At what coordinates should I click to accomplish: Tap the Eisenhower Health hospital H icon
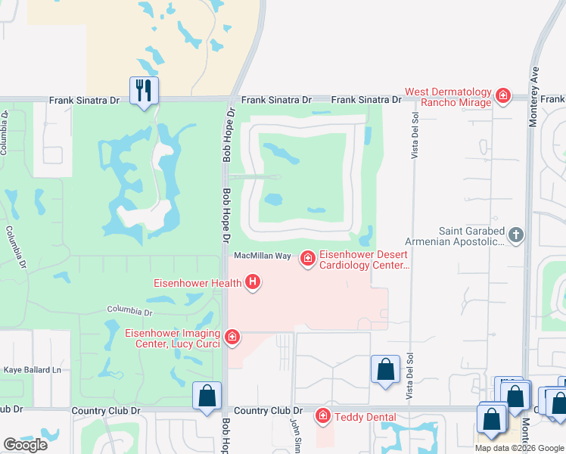pos(253,284)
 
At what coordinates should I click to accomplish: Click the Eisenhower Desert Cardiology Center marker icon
pos(307,259)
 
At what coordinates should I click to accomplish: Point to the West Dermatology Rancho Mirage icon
pos(502,96)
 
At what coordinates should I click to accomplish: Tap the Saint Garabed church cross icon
pos(516,235)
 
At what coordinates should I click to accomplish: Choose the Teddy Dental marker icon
pos(322,415)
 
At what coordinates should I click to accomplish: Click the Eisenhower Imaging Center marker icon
pos(232,337)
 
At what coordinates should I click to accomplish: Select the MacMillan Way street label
pos(263,257)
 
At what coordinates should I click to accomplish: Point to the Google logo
pos(25,445)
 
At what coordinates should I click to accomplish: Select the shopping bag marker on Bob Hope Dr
pos(207,396)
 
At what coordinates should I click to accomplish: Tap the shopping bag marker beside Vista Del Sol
pos(384,370)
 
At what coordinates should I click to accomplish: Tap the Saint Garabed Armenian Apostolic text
pos(471,236)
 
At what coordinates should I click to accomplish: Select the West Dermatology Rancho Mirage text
pos(449,98)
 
